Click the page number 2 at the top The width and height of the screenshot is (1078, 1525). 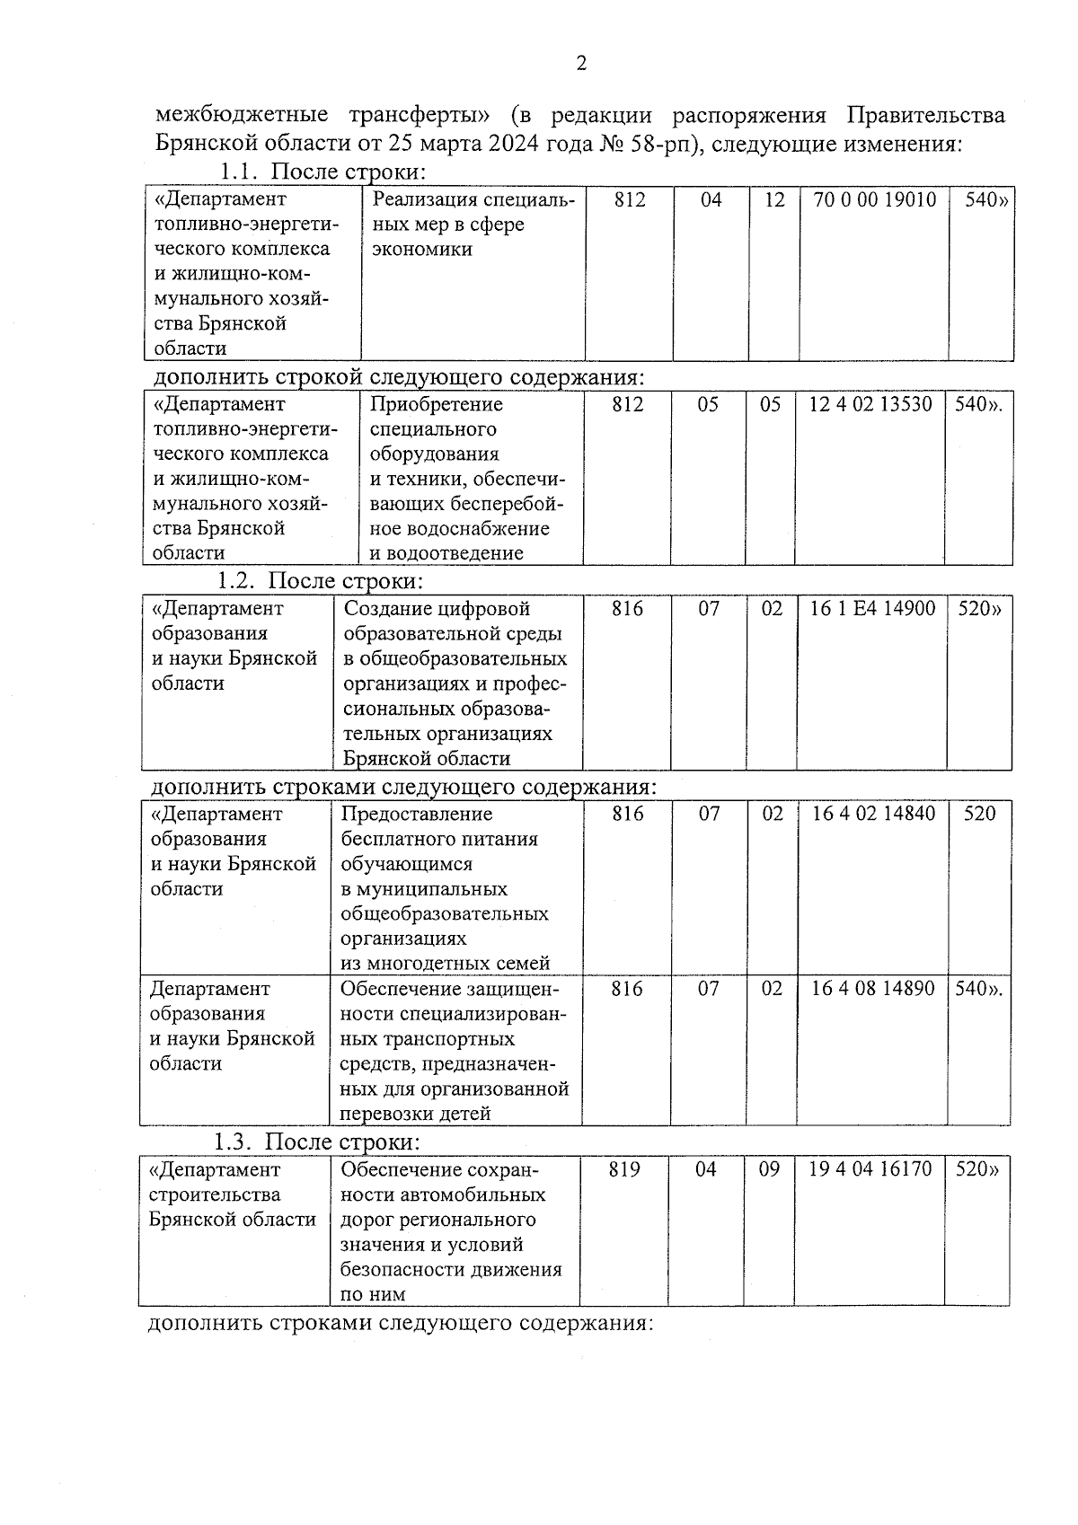coord(581,64)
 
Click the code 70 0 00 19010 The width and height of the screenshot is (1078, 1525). coord(874,200)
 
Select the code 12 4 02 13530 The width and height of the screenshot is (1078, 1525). coord(870,405)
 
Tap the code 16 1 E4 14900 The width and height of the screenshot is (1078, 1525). coord(872,609)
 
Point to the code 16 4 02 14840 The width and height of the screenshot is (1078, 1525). coord(873,814)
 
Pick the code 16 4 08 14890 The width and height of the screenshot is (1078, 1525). coord(872,989)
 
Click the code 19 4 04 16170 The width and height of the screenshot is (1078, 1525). coord(870,1169)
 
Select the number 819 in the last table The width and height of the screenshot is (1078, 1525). coord(624,1169)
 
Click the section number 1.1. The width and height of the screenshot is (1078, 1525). coord(239,172)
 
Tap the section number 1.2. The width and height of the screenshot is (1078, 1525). coord(237,581)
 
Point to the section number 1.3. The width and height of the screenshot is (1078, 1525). coord(235,1142)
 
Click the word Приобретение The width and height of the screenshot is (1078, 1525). coord(437,405)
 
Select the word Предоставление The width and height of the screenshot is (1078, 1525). coord(417,814)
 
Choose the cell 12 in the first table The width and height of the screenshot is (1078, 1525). coord(774,200)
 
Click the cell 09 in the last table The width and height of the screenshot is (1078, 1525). coord(769,1169)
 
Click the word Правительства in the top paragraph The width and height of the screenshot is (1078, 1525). coord(926,116)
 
